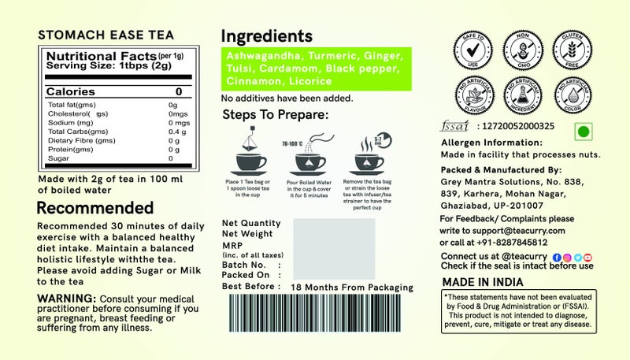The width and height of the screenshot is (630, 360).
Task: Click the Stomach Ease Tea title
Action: [106, 35]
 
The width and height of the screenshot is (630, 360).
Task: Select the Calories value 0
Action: [178, 92]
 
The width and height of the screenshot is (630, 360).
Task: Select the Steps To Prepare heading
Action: [275, 115]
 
